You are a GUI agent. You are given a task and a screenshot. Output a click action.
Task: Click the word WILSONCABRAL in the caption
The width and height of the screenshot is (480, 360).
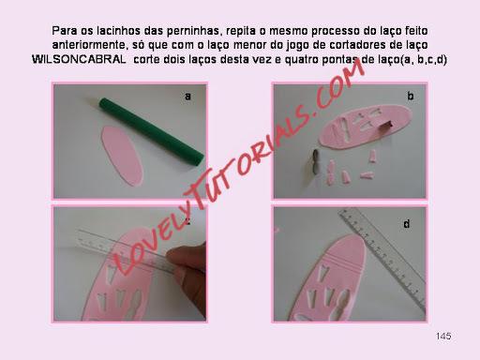click(79, 59)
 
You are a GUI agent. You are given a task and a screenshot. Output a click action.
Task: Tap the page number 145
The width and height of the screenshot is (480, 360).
click(443, 337)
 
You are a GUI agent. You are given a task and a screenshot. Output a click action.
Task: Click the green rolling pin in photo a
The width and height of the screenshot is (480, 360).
click(152, 131)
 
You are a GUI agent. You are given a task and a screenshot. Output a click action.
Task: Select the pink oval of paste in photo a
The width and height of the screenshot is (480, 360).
click(122, 156)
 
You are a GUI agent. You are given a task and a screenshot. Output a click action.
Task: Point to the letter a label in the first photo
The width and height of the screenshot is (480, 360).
click(187, 96)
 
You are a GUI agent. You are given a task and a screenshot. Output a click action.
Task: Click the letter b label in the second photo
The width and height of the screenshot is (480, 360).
click(411, 96)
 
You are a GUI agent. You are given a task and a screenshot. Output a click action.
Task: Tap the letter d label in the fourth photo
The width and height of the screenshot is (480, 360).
click(406, 223)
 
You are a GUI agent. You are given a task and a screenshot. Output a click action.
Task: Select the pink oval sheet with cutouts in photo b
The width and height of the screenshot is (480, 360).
click(365, 126)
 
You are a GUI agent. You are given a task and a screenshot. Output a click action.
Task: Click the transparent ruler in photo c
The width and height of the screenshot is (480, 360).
click(125, 250)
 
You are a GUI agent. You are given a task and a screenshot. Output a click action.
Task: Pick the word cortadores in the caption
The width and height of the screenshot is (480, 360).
click(354, 45)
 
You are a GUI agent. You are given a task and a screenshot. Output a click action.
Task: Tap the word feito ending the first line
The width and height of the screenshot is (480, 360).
click(416, 31)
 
